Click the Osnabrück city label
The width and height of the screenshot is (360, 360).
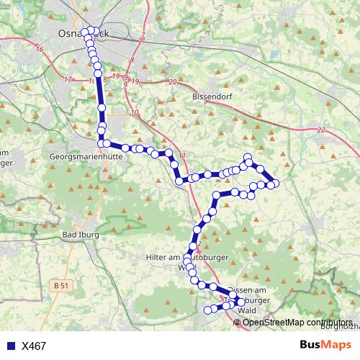(x=84, y=34)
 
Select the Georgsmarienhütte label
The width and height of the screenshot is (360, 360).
(x=84, y=156)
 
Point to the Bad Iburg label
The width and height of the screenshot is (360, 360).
(x=81, y=235)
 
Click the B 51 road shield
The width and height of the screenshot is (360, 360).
(x=63, y=286)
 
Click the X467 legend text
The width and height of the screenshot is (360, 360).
(x=34, y=346)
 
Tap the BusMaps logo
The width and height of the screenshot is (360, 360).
(x=325, y=345)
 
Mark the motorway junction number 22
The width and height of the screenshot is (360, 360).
(x=320, y=130)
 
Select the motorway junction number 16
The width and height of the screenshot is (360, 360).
(x=39, y=49)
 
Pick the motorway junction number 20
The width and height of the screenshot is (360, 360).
(x=172, y=81)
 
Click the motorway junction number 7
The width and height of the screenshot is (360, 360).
(x=143, y=35)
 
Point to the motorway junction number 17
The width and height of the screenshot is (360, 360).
(x=68, y=79)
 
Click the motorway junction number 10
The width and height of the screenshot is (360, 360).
(x=135, y=113)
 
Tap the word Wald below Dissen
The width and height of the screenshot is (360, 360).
(x=247, y=310)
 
